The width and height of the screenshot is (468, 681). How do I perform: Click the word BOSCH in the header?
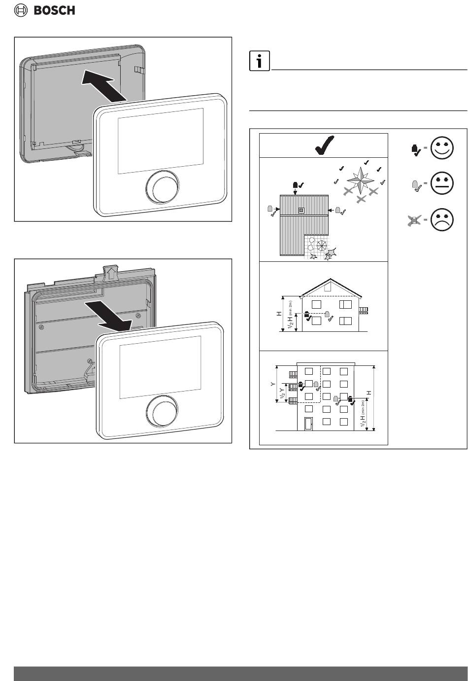tap(54, 11)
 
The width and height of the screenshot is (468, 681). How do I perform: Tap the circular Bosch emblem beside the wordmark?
tap(21, 11)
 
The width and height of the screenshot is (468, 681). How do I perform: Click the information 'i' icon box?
tap(259, 61)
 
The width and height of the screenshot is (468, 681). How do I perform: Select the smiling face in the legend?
tap(441, 147)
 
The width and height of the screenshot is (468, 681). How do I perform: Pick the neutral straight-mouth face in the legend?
tap(441, 183)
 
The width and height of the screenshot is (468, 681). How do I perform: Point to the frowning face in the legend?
tap(441, 219)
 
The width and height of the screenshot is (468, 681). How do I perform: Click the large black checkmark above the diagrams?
tap(324, 145)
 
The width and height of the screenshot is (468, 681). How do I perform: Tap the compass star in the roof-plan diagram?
tap(361, 180)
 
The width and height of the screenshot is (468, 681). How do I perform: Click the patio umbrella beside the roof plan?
tap(322, 245)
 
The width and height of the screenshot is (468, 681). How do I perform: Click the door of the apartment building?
tap(308, 424)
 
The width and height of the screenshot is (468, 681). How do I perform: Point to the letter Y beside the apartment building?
tap(273, 384)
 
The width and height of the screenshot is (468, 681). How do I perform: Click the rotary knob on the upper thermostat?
tap(162, 187)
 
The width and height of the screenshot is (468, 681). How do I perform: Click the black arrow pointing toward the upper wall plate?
tap(104, 85)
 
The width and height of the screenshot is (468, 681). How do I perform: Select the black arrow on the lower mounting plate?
tap(109, 317)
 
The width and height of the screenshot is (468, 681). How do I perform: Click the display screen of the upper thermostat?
tap(161, 141)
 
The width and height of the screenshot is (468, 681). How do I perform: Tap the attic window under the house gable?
tap(328, 287)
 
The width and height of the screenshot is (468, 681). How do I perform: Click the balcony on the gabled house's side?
tap(364, 310)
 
